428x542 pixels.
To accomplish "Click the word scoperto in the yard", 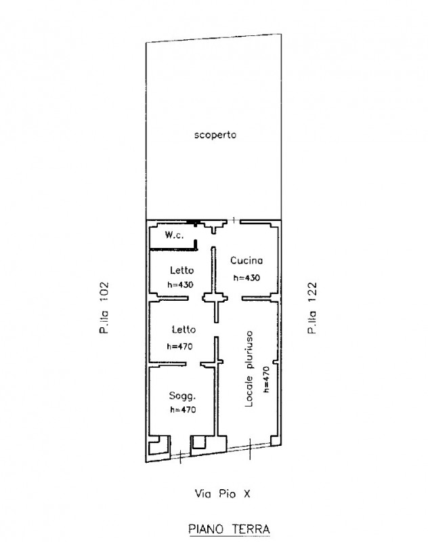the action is [x=215, y=135].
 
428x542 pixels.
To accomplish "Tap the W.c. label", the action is [x=174, y=235].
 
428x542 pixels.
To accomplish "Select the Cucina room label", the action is [x=247, y=260].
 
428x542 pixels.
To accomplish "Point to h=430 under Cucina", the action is [x=247, y=278].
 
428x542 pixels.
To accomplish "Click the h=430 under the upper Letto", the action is [x=180, y=285].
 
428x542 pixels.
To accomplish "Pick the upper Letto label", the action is [x=181, y=270].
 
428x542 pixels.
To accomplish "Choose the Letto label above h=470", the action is [x=184, y=329].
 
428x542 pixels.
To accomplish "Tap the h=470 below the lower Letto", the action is [x=179, y=346].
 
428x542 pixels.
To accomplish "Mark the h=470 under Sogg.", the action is [x=183, y=410].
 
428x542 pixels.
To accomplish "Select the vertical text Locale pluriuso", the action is [x=249, y=369].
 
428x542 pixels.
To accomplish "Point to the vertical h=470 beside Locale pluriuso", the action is [x=266, y=379].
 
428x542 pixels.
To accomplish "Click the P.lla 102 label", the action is [x=104, y=308].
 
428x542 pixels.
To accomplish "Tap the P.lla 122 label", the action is [x=312, y=308].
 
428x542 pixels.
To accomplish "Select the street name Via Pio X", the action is [x=222, y=494].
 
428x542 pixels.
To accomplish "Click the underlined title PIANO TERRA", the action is [x=229, y=529].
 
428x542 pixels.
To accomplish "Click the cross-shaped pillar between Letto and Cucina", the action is [x=215, y=297].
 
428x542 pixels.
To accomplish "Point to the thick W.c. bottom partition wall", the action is [x=173, y=249].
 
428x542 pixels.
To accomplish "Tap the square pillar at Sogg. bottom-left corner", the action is [x=159, y=446].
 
